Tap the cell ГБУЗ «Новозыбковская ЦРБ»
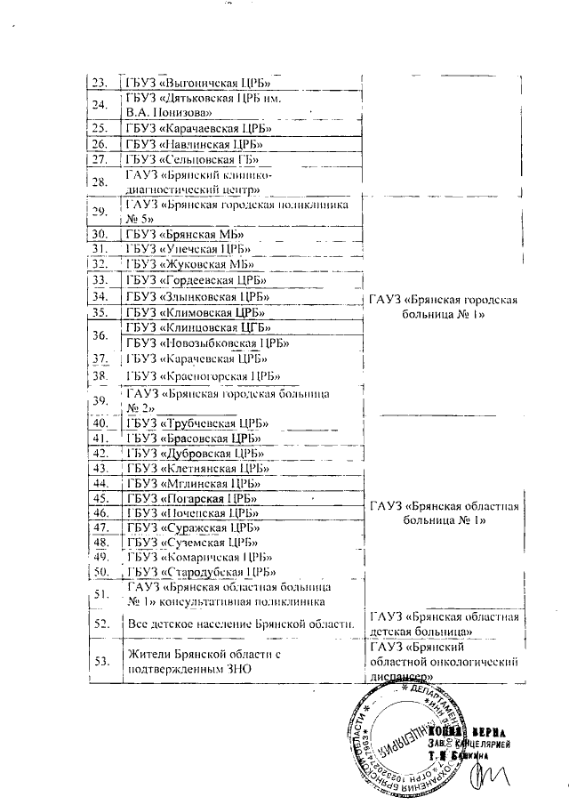[210, 342]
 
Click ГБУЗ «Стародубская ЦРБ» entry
[199, 571]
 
